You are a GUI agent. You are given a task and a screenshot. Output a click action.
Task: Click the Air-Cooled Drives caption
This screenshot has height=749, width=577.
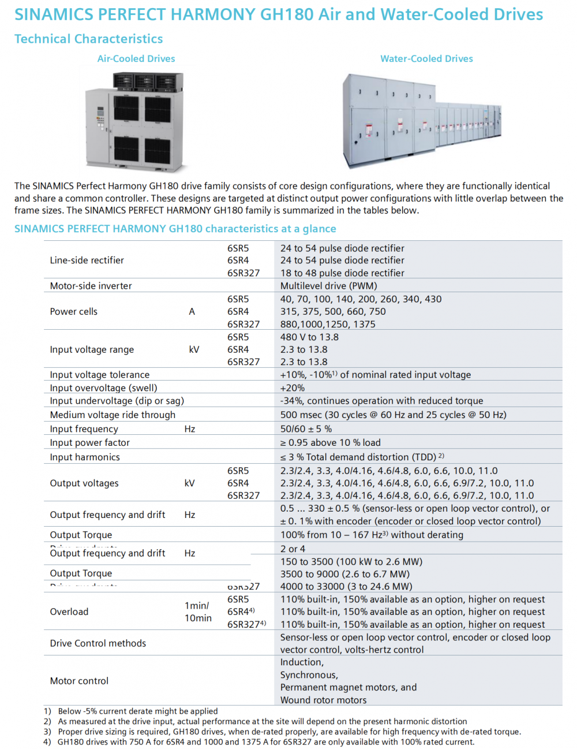click(x=136, y=58)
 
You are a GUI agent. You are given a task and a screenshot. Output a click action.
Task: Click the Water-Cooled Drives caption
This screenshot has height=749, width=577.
click(x=426, y=58)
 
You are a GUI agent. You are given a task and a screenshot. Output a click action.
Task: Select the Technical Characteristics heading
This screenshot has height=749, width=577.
click(x=89, y=39)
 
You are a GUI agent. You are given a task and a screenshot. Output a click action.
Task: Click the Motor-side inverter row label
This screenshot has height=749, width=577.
click(x=91, y=286)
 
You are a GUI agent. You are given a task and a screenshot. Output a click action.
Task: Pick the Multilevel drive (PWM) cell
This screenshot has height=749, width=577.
click(x=328, y=286)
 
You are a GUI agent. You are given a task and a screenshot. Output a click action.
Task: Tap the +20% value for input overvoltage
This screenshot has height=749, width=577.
click(x=293, y=388)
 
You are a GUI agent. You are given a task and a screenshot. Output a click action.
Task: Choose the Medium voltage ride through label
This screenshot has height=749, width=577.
click(x=113, y=415)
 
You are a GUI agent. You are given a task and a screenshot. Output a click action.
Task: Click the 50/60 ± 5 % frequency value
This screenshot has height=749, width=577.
click(x=306, y=429)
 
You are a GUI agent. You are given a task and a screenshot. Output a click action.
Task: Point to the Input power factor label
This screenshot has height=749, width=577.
click(x=89, y=443)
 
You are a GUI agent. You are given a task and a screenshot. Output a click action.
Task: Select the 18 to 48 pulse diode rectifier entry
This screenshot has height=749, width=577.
click(x=342, y=273)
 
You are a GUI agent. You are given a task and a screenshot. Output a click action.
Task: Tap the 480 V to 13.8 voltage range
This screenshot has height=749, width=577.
click(x=309, y=337)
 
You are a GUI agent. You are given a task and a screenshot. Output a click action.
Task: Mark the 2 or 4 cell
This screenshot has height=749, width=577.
click(x=293, y=549)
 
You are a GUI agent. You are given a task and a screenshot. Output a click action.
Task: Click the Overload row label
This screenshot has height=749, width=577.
click(x=69, y=612)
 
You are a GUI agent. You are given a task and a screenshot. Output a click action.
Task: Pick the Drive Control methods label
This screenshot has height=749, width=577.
click(x=98, y=643)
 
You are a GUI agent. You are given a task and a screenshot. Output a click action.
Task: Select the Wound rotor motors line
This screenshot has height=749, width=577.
click(x=323, y=700)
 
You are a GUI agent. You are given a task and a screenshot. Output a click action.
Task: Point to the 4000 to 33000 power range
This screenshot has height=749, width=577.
click(x=346, y=587)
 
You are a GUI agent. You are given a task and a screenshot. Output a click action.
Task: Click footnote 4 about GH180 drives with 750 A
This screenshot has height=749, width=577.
click(x=265, y=742)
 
